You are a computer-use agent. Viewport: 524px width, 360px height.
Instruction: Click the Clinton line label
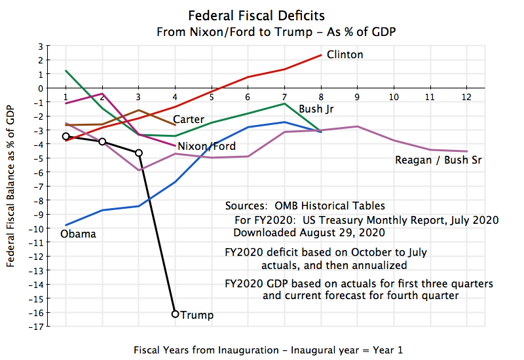[345, 55]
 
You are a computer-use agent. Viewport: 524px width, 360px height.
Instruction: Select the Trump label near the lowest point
[197, 315]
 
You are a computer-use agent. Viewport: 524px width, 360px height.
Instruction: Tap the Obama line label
[78, 234]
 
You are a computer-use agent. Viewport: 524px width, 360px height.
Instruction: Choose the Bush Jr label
[316, 109]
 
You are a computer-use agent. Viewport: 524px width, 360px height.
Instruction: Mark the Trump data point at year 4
[175, 314]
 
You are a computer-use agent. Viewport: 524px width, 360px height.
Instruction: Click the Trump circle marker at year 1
[65, 136]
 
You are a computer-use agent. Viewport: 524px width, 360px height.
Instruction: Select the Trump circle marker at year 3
[138, 153]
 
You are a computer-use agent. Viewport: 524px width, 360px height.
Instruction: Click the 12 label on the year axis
[466, 97]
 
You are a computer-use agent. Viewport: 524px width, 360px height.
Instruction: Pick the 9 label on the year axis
[357, 97]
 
